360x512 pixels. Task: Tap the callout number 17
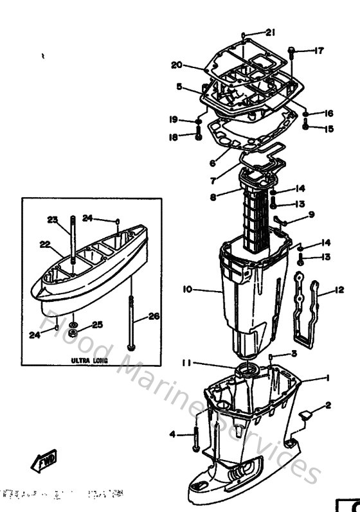point(319,51)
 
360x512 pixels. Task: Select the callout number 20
point(177,65)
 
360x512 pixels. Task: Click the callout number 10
point(187,290)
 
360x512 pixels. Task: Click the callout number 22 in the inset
point(44,243)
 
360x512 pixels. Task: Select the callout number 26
point(152,315)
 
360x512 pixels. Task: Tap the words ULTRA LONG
point(89,361)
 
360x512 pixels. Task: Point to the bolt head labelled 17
point(292,49)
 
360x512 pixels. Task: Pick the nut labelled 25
point(73,333)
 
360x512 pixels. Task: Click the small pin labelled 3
point(273,355)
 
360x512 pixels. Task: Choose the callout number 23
point(52,219)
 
